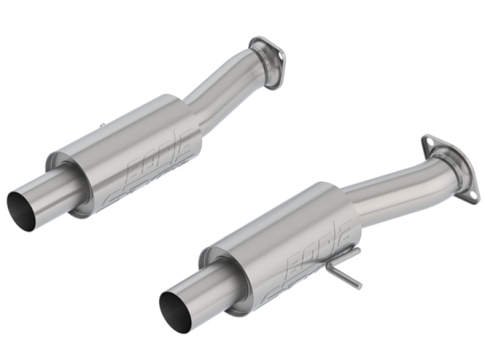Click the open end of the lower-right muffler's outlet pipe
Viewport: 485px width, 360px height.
click(176, 309)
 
